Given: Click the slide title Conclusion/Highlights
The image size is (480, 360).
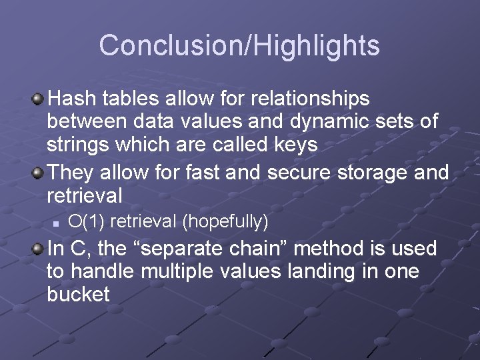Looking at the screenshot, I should [x=239, y=46].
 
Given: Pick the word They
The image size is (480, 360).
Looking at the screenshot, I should [x=71, y=173].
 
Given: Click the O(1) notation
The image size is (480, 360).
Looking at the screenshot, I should [x=83, y=220].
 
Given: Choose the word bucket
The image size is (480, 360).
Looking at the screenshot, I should [x=78, y=295].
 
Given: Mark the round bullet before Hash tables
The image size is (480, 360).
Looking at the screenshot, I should [x=39, y=99].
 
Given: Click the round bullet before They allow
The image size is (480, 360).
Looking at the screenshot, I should [x=39, y=173].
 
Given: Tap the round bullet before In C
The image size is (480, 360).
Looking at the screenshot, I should [x=39, y=249].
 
